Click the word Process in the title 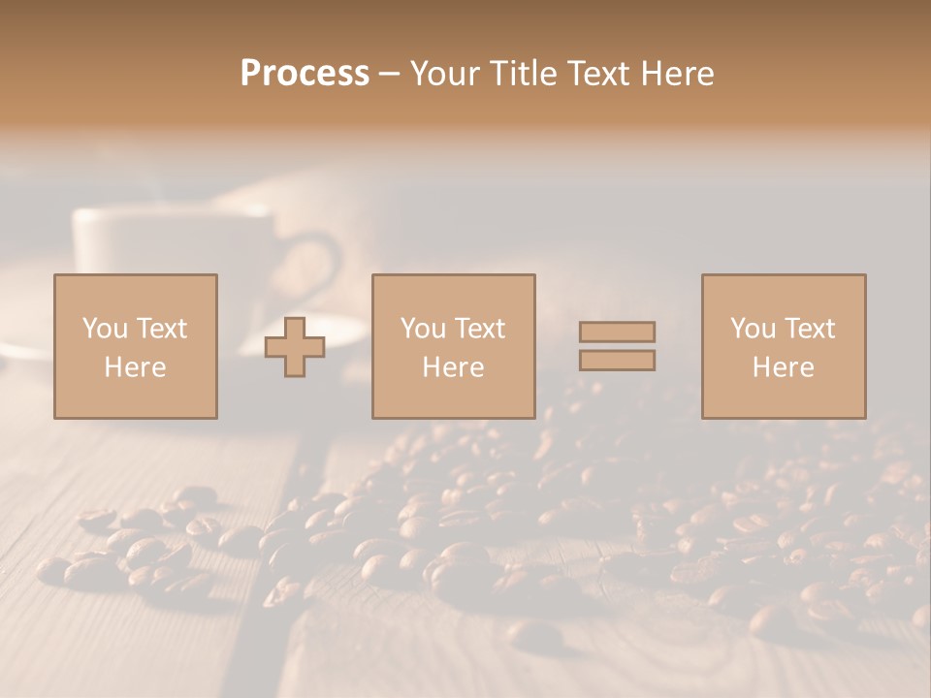[305, 74]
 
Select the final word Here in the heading [676, 74]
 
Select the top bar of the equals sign [617, 332]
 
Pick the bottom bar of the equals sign [617, 361]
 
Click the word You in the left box [106, 329]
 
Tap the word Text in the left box [161, 329]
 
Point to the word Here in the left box [135, 367]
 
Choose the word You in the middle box [424, 329]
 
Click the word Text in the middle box [479, 329]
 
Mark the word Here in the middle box [453, 367]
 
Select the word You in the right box [754, 329]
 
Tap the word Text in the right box [809, 329]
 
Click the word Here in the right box [783, 367]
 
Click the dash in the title [390, 75]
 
